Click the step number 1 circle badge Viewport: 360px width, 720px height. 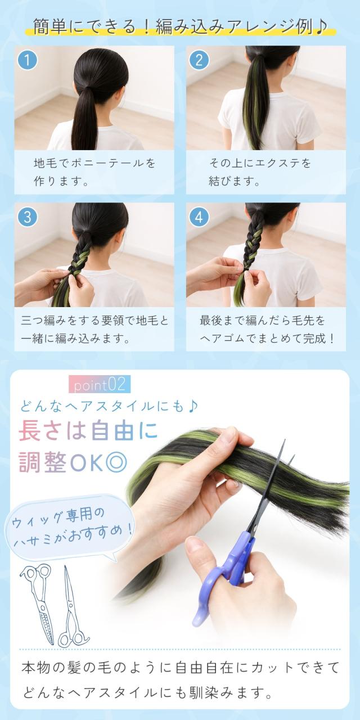(x=28, y=60)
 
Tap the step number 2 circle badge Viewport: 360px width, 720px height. (x=199, y=60)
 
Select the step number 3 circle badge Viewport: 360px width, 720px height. (x=28, y=217)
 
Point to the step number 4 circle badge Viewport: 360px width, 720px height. (x=199, y=217)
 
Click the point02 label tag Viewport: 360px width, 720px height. (x=100, y=384)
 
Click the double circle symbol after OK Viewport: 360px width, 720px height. (x=116, y=463)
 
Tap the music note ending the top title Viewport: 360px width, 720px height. (x=321, y=27)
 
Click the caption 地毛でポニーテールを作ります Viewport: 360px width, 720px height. (x=94, y=172)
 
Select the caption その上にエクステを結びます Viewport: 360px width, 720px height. (x=260, y=172)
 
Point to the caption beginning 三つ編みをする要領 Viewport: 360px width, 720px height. (x=94, y=329)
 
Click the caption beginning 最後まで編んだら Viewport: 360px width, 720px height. (x=267, y=329)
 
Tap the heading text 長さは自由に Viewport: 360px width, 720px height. (x=88, y=431)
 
